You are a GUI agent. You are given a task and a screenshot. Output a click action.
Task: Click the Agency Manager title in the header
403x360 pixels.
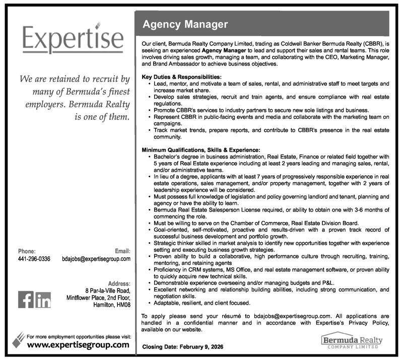pos(185,24)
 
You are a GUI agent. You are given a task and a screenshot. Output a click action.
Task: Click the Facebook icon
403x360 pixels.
pos(25,300)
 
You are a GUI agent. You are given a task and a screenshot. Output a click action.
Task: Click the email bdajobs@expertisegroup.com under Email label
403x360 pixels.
pos(96,259)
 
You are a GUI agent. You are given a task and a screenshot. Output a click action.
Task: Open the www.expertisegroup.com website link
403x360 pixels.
pos(78,345)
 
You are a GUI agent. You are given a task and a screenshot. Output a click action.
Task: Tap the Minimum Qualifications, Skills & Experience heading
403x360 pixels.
pos(200,150)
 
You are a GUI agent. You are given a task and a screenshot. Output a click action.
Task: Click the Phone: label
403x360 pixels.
pos(28,251)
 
